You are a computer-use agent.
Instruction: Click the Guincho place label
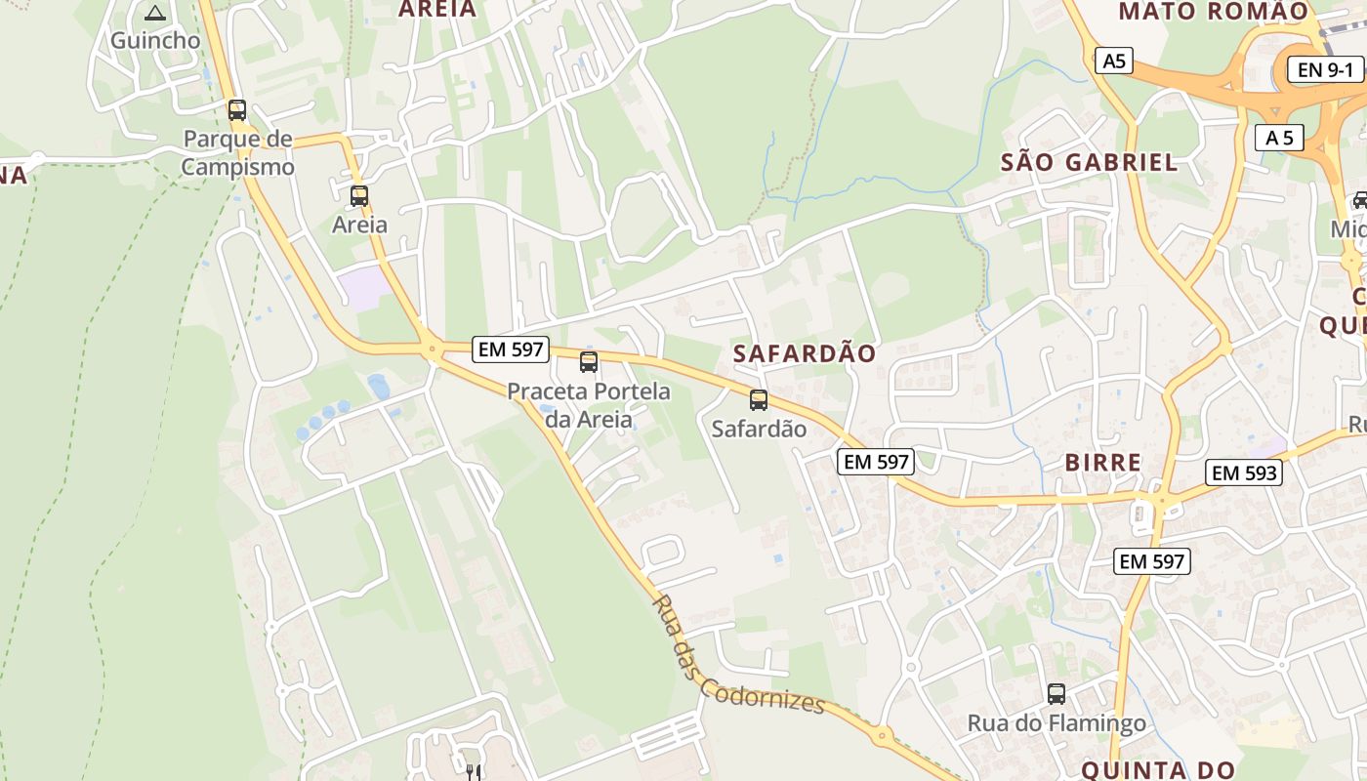coord(154,40)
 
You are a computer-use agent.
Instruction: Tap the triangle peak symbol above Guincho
coord(154,14)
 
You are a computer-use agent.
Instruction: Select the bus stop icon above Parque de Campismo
coord(237,109)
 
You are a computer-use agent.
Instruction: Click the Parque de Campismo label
coord(238,152)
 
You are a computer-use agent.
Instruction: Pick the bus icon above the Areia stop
coord(359,195)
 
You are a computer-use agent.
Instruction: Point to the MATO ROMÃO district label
coord(1213,12)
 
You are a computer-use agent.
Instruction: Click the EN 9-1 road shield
coord(1325,69)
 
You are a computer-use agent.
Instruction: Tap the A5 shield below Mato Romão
coord(1114,61)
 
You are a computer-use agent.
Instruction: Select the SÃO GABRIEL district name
coord(1089,162)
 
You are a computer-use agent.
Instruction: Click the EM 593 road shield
coord(1243,473)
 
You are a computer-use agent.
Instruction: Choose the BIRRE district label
coord(1103,463)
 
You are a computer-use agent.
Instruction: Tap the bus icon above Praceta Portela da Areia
coord(589,362)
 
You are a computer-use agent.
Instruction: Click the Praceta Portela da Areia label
coord(589,405)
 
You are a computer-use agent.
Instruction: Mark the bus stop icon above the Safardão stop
coord(759,399)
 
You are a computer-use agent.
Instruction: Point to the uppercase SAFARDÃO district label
coord(805,353)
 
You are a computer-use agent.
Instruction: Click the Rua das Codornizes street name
coord(737,656)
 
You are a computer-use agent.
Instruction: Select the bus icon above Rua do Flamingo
coord(1056,694)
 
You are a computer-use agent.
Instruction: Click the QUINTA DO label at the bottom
coord(1158,770)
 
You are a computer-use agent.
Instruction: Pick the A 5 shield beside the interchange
coord(1279,138)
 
